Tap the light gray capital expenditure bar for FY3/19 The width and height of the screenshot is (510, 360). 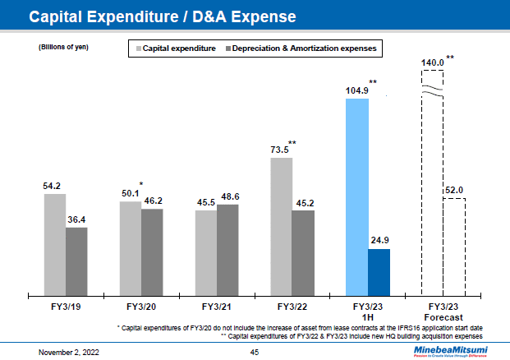55,244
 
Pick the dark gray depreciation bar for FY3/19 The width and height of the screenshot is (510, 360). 76,261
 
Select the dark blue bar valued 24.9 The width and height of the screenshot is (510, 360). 379,271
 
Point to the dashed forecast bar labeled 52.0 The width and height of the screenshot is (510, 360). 454,247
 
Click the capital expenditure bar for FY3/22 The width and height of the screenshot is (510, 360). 282,226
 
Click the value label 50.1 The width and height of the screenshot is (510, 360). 130,193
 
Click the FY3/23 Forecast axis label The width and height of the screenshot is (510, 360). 443,312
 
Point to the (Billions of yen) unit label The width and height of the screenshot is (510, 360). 63,47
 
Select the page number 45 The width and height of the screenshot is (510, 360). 255,351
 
